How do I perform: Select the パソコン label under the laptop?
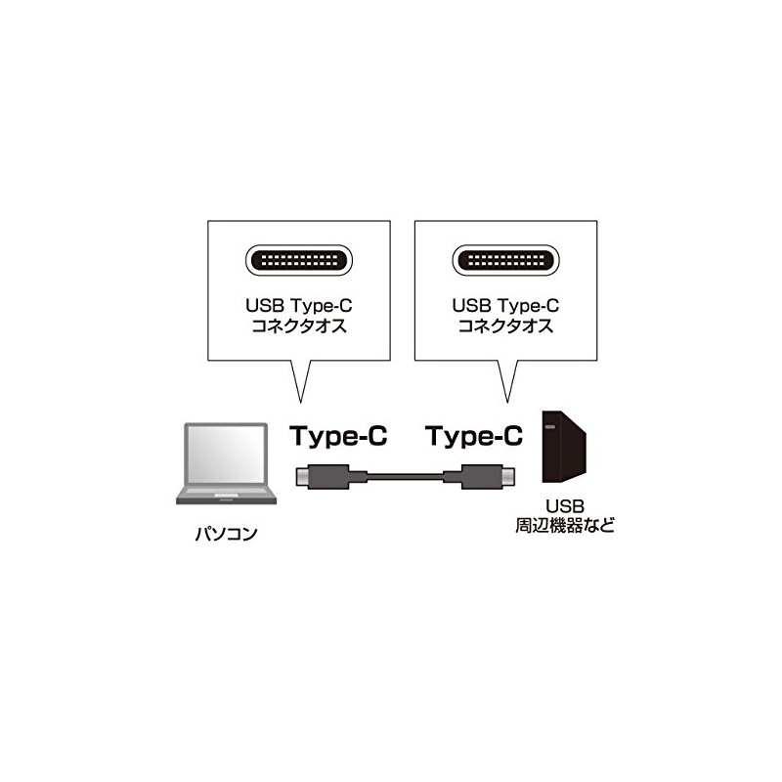coord(226,535)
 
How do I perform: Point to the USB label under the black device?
coord(564,505)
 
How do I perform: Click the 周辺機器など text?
coord(565,525)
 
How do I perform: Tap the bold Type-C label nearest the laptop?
coord(338,436)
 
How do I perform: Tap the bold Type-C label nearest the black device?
coord(475,436)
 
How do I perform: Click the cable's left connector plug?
coord(323,478)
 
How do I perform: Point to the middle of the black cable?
coord(403,478)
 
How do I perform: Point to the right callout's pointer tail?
coord(505,381)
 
